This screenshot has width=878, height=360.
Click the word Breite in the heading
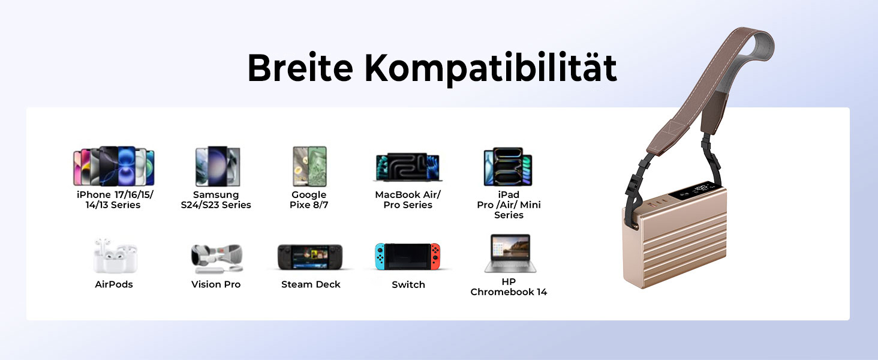point(300,67)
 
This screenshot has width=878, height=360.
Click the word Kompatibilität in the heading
point(491,69)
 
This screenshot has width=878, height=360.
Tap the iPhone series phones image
point(114,166)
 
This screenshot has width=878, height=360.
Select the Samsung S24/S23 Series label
point(216,200)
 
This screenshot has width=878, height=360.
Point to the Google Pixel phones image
point(309,166)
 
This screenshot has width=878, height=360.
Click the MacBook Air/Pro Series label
point(408,200)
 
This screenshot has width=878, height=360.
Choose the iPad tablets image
point(509,166)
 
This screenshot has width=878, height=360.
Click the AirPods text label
point(114,284)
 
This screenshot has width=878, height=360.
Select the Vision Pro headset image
point(217,259)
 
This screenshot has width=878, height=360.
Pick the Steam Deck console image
point(310,257)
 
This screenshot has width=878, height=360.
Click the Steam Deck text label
point(311,284)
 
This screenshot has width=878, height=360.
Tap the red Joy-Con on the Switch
point(435,256)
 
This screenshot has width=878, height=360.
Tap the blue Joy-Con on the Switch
point(380,256)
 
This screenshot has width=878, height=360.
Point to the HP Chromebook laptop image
point(510,253)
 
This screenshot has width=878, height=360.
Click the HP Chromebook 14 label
point(509,287)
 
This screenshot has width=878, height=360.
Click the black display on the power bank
point(693,191)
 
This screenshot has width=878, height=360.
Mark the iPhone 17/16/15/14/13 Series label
point(114,200)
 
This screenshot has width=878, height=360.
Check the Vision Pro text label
point(216,284)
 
